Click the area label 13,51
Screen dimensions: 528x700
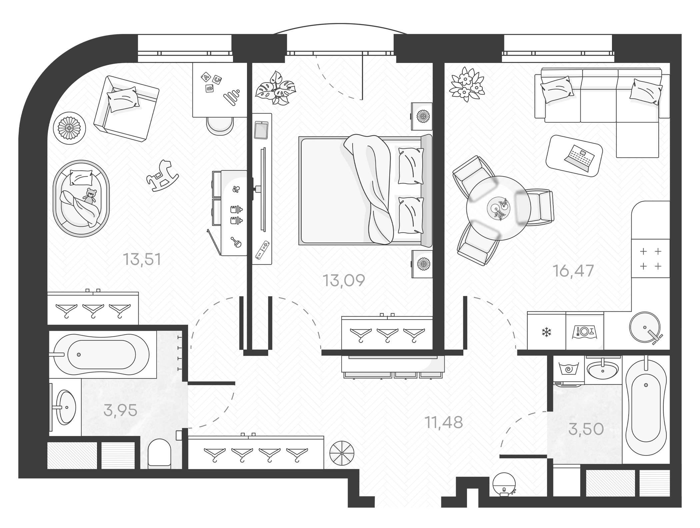click(x=142, y=259)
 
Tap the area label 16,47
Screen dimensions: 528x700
click(x=573, y=271)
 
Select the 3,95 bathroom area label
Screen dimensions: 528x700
click(x=120, y=410)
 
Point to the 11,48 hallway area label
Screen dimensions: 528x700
click(x=444, y=423)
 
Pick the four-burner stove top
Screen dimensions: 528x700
click(x=650, y=259)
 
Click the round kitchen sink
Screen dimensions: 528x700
click(x=645, y=327)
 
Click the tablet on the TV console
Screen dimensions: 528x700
click(x=261, y=130)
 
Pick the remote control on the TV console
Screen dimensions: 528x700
click(x=262, y=250)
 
